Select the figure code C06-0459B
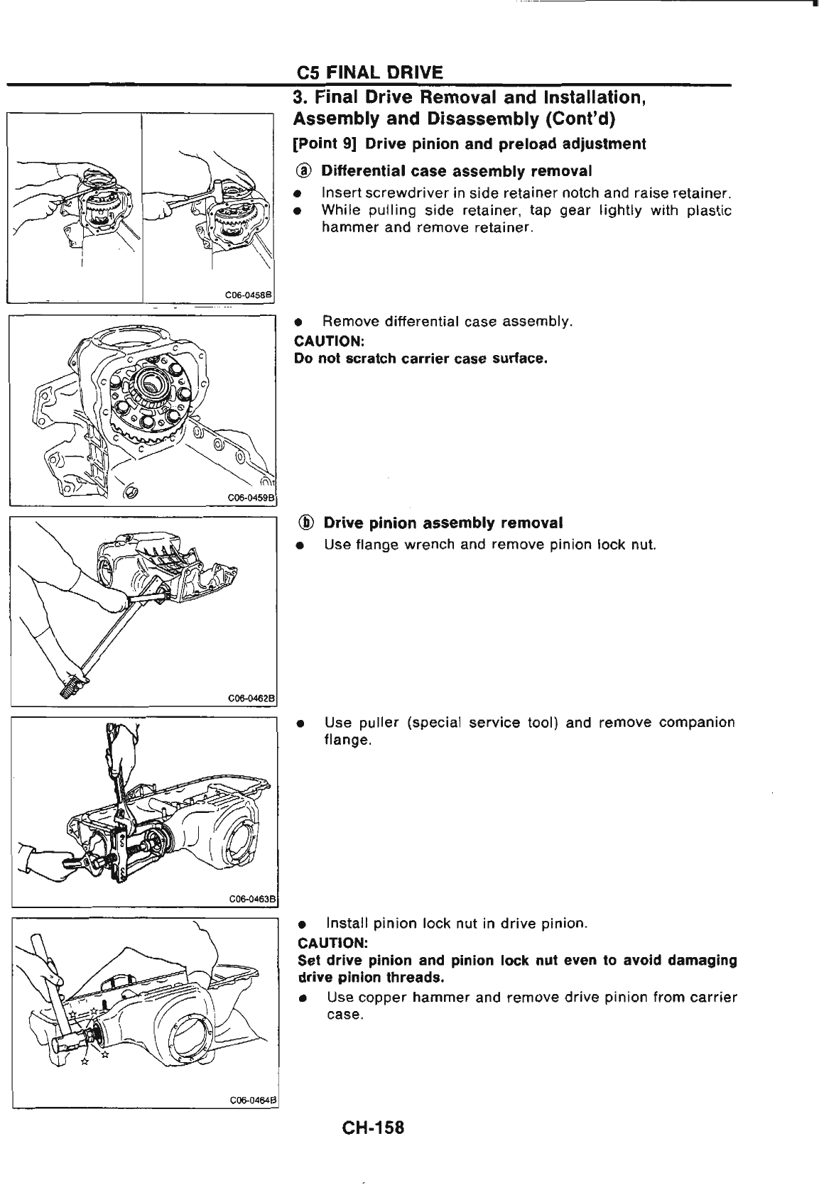251,496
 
